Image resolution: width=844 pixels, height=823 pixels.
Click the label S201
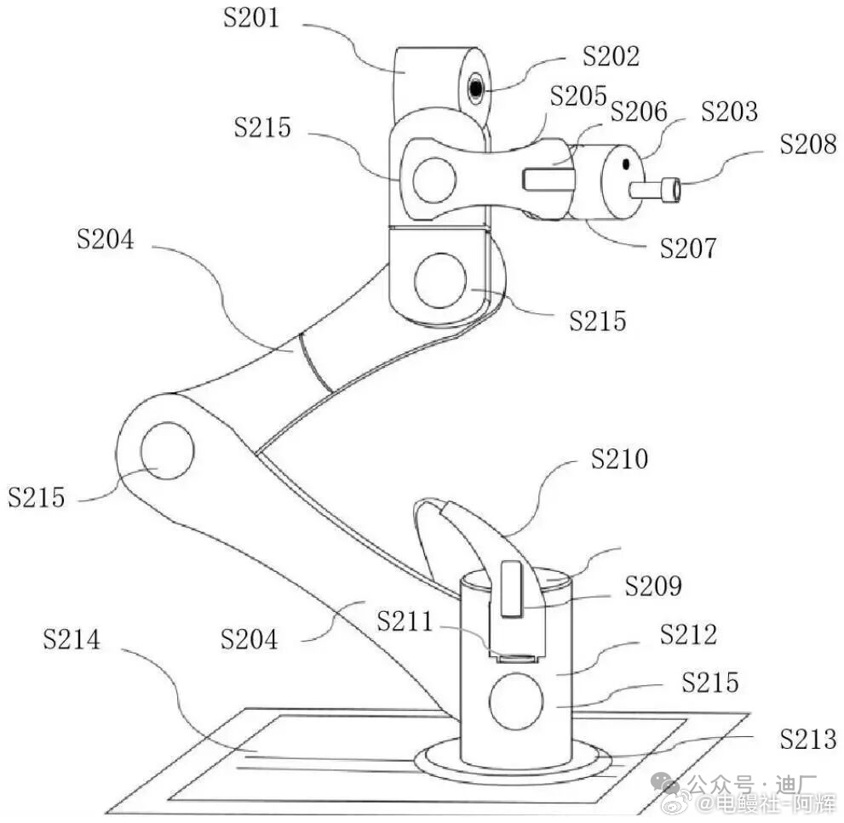[x=251, y=17]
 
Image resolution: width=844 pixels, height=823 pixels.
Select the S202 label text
[x=611, y=56]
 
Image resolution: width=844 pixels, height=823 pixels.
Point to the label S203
[x=729, y=111]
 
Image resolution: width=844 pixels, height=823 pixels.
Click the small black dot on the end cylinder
[x=625, y=163]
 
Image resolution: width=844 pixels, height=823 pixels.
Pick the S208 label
[x=808, y=144]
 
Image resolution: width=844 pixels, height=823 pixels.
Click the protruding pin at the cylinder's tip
[x=655, y=190]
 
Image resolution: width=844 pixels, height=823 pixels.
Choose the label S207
[x=688, y=248]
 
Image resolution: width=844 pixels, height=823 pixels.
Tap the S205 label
[x=578, y=96]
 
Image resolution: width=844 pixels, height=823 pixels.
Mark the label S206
[x=639, y=111]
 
